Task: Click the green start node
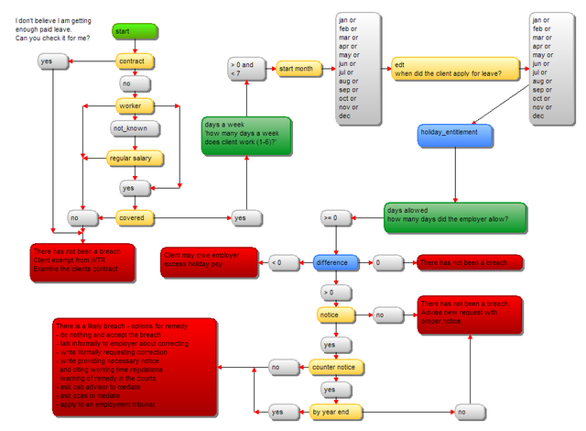(x=135, y=31)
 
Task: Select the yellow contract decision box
(x=134, y=61)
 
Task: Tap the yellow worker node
(x=135, y=106)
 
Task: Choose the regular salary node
(x=135, y=159)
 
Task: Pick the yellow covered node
(x=135, y=218)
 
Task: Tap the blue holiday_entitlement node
(x=454, y=134)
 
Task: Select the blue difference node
(x=336, y=262)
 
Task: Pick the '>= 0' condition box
(x=335, y=218)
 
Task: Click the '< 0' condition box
(x=283, y=263)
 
